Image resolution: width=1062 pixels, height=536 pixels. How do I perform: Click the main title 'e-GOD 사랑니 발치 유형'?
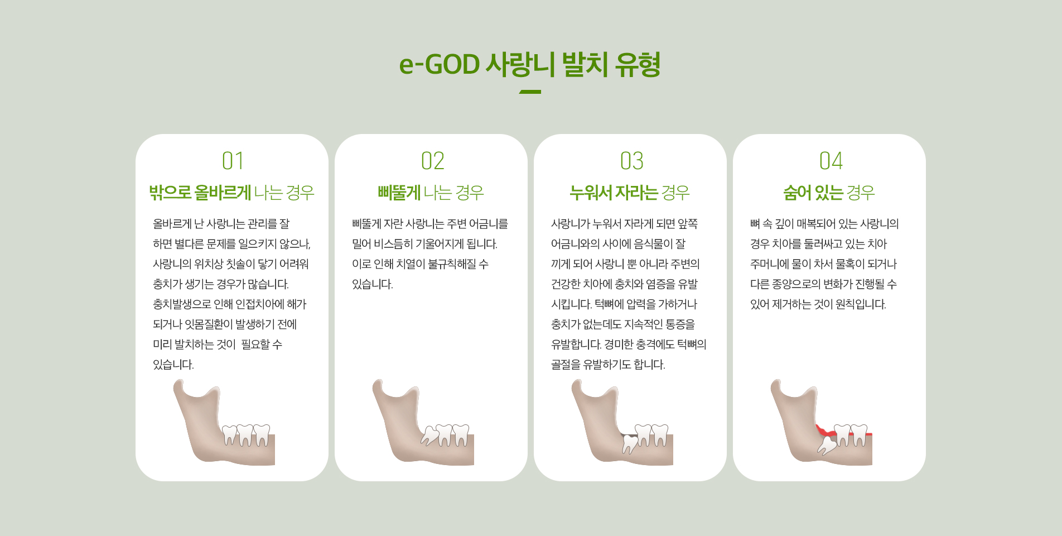pyautogui.click(x=530, y=64)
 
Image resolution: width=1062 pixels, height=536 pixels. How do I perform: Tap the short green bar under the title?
pyautogui.click(x=530, y=92)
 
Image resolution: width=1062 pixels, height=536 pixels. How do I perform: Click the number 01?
pyautogui.click(x=233, y=161)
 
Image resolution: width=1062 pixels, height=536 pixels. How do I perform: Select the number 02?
pyautogui.click(x=432, y=161)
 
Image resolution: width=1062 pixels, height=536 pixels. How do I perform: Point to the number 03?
pyautogui.click(x=631, y=161)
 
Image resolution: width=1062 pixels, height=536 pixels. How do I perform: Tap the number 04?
pyautogui.click(x=831, y=161)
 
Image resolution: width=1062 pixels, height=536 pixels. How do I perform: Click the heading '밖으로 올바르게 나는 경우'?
pyautogui.click(x=232, y=193)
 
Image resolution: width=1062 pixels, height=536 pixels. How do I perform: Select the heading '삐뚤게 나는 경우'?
pyautogui.click(x=431, y=193)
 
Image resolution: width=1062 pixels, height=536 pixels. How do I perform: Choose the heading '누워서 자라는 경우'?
pyautogui.click(x=630, y=193)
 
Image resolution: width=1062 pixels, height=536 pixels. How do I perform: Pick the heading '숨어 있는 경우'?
pyautogui.click(x=829, y=193)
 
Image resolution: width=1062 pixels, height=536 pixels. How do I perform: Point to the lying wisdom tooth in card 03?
pyautogui.click(x=630, y=443)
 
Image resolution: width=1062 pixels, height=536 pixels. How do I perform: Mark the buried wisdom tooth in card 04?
pyautogui.click(x=827, y=446)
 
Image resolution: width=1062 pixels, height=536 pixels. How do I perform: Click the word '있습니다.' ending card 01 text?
pyautogui.click(x=173, y=365)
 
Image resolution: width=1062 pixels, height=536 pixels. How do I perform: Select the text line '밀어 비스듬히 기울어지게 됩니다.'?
pyautogui.click(x=424, y=244)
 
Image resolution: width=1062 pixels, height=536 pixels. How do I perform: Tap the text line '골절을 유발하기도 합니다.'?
pyautogui.click(x=608, y=365)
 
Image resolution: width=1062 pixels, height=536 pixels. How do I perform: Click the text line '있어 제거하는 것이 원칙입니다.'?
pyautogui.click(x=818, y=304)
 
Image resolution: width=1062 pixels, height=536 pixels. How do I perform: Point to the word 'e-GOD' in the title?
pyautogui.click(x=440, y=65)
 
